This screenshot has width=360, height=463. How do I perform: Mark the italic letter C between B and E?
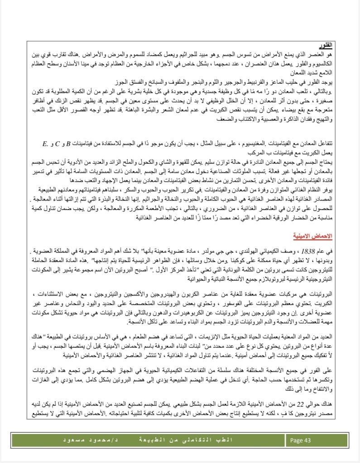[58, 144]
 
